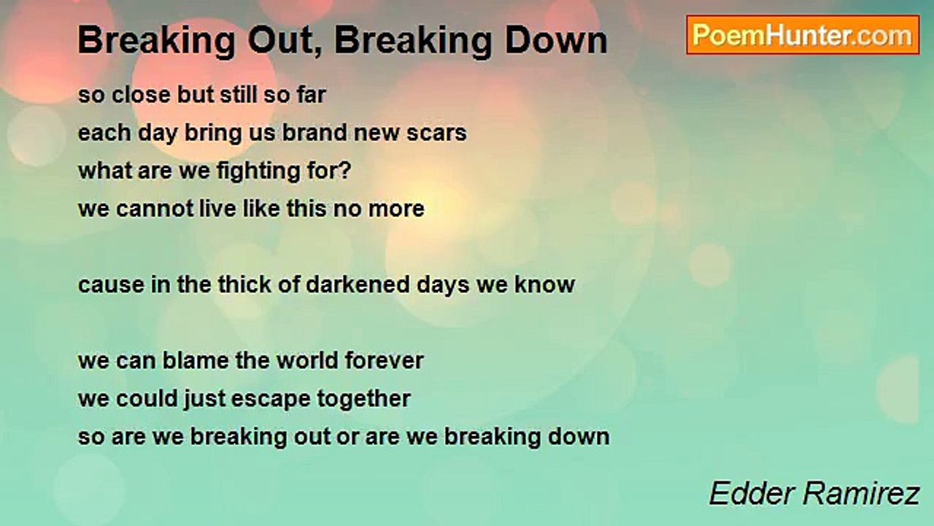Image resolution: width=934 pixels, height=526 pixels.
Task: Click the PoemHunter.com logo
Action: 802,35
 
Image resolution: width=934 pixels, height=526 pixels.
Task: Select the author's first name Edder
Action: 745,495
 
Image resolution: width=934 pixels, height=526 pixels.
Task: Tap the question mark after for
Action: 346,170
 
